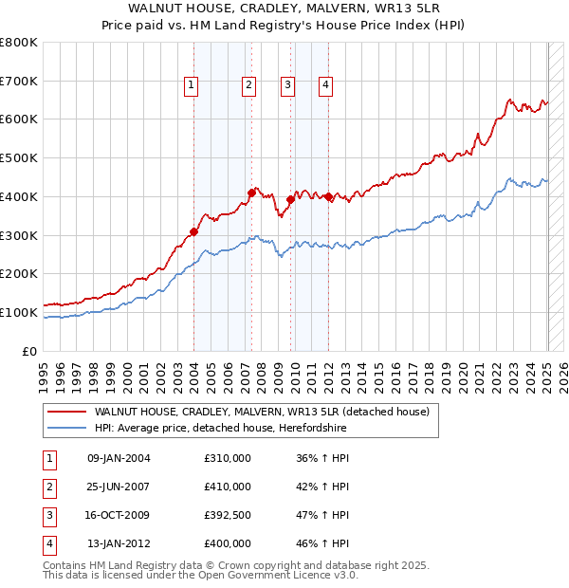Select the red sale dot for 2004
(x=193, y=230)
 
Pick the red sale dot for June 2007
(x=252, y=192)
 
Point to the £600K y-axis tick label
(x=19, y=119)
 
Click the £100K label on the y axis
(x=19, y=312)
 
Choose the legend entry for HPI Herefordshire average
(x=220, y=429)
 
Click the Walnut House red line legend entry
(x=262, y=412)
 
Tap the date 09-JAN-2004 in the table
(x=119, y=458)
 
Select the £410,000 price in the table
(x=228, y=487)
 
